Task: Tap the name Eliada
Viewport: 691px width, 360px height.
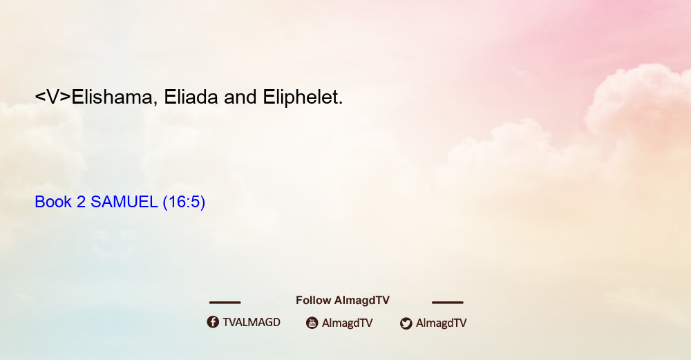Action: [x=191, y=97]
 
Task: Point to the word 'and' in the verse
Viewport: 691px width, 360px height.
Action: [x=240, y=97]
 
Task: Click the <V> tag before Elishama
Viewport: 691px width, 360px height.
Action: [x=53, y=97]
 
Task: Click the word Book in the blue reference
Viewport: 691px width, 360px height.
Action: [x=53, y=202]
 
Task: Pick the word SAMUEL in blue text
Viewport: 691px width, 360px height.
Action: [x=124, y=202]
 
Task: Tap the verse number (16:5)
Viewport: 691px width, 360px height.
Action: [x=184, y=202]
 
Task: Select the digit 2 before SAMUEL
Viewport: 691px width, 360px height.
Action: [x=81, y=202]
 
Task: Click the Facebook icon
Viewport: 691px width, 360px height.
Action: [x=213, y=322]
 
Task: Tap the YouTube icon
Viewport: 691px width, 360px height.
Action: [x=312, y=323]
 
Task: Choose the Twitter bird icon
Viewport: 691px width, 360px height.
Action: [x=406, y=323]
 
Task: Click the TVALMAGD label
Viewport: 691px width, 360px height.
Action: [x=252, y=323]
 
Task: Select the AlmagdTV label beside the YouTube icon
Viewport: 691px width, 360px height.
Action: [x=348, y=323]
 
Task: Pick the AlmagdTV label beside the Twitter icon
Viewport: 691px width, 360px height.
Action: [x=441, y=323]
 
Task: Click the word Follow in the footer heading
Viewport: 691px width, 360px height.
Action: [x=313, y=301]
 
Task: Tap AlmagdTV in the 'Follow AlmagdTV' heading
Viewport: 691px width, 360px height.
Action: [x=362, y=301]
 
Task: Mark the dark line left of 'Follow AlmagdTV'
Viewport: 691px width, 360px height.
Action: [x=225, y=303]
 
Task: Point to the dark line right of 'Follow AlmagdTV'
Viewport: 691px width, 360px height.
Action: [x=448, y=303]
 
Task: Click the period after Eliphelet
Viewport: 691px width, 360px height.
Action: [x=341, y=104]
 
